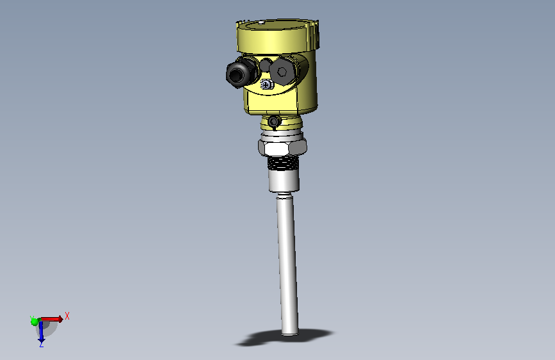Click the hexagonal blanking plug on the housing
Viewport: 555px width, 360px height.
click(x=282, y=72)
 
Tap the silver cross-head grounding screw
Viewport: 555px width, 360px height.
click(x=266, y=85)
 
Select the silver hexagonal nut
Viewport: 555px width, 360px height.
click(x=282, y=147)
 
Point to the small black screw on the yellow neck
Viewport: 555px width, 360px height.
click(x=274, y=122)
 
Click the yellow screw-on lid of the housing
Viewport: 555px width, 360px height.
click(x=278, y=36)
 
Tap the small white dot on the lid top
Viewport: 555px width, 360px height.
click(x=261, y=23)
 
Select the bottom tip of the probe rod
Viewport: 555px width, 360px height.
click(x=290, y=334)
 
